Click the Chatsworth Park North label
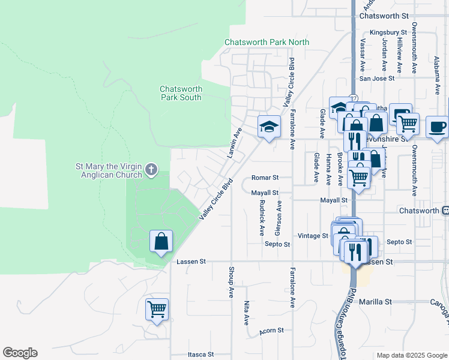[x=267, y=42]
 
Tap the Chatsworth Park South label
[x=181, y=93]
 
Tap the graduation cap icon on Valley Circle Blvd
[x=270, y=127]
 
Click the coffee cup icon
[x=436, y=127]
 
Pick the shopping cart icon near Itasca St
[x=157, y=310]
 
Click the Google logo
[x=20, y=353]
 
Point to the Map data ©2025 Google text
[x=411, y=355]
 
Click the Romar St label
[x=265, y=178]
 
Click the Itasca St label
[x=201, y=355]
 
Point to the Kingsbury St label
[x=388, y=32]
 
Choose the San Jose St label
[x=376, y=78]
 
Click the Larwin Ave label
[x=234, y=142]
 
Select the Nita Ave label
[x=246, y=313]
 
